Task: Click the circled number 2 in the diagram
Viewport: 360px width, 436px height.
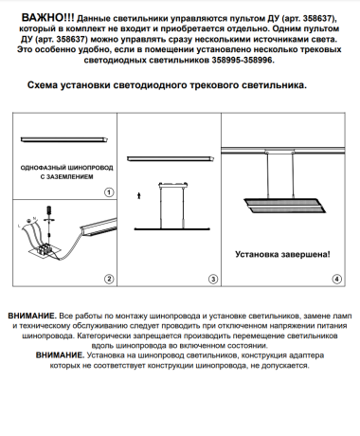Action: (x=109, y=278)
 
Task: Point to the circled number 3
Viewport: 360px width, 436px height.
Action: (x=213, y=278)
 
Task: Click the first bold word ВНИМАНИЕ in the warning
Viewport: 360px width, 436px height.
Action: (x=30, y=313)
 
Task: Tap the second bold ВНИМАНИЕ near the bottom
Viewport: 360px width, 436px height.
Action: (x=62, y=354)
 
